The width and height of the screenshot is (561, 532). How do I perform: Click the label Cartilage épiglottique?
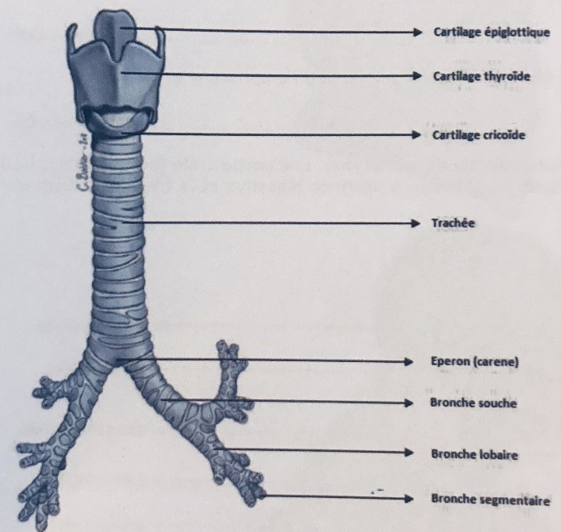click(x=491, y=33)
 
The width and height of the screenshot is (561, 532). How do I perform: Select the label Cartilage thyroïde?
click(x=482, y=76)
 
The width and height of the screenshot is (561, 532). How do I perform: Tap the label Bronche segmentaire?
click(x=491, y=501)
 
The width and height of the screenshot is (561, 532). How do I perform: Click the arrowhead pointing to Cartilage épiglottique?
click(x=418, y=33)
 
